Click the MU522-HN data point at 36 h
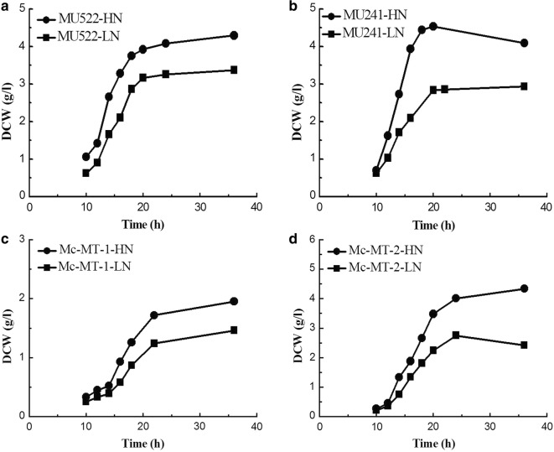click(234, 35)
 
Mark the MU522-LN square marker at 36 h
click(234, 70)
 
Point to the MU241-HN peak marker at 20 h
click(433, 26)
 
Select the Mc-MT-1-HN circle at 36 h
click(234, 301)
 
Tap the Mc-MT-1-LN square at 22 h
click(154, 343)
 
